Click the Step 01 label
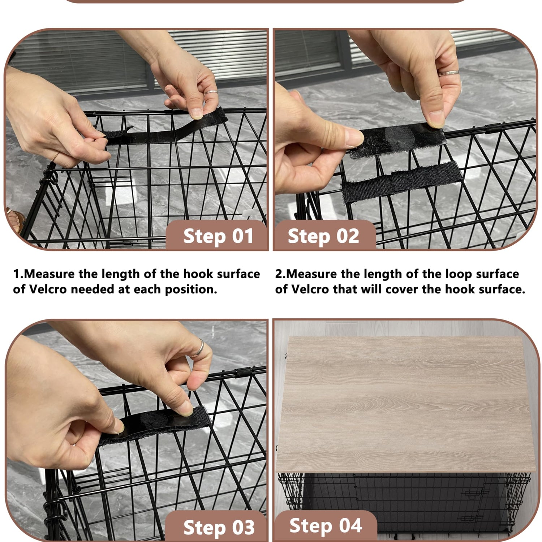[218, 236]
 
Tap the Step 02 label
[323, 236]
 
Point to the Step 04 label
[326, 525]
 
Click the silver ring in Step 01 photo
[211, 93]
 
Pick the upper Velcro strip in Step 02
[397, 141]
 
